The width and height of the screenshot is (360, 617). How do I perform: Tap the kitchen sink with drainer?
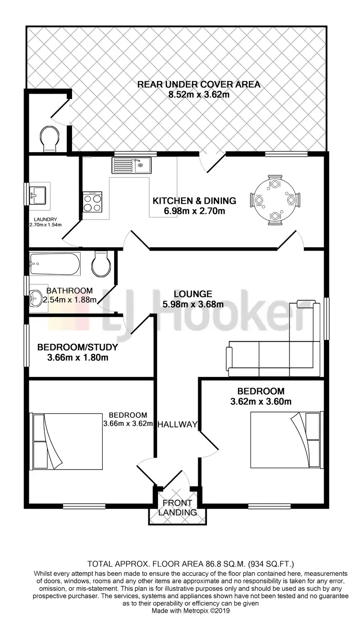pos(132,166)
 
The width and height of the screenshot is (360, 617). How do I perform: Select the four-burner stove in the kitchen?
pos(92,202)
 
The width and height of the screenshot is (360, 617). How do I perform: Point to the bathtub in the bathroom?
pos(54,264)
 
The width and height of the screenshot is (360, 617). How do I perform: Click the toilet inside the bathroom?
pos(101,264)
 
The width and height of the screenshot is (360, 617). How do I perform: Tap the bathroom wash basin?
pos(36,299)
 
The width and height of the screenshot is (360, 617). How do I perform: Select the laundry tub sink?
pos(38,195)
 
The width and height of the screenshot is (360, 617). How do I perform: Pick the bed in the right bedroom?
pos(286,439)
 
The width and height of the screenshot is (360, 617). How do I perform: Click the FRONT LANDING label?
pos(178,508)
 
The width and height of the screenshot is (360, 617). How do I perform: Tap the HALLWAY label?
pos(178,424)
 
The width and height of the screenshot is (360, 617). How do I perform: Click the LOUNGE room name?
pos(193,294)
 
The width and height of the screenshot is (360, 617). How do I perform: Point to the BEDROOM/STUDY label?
pos(77,347)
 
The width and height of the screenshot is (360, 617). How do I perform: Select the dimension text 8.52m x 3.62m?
pos(199,95)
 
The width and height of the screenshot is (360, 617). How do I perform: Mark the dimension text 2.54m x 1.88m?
pos(70,300)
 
